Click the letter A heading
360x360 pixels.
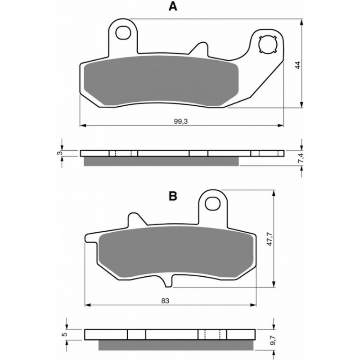[x=173, y=6]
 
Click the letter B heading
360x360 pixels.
[x=173, y=196]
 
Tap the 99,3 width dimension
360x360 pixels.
[x=180, y=121]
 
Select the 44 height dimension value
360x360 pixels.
[x=298, y=65]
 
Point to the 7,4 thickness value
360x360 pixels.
[x=301, y=157]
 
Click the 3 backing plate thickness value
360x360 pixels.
[x=59, y=153]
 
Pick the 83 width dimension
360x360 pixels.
[x=165, y=301]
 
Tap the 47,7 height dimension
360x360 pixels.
[x=270, y=239]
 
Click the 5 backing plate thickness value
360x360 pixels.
[x=65, y=334]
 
